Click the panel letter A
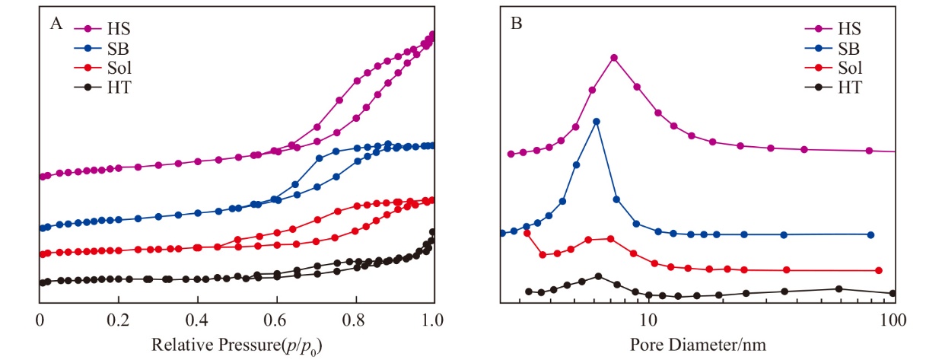point(56,24)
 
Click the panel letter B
point(516,24)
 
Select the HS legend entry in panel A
point(119,30)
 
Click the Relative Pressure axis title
point(236,346)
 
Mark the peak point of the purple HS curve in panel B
point(614,58)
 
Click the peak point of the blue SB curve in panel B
point(597,121)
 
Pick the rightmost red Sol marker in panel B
point(879,270)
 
